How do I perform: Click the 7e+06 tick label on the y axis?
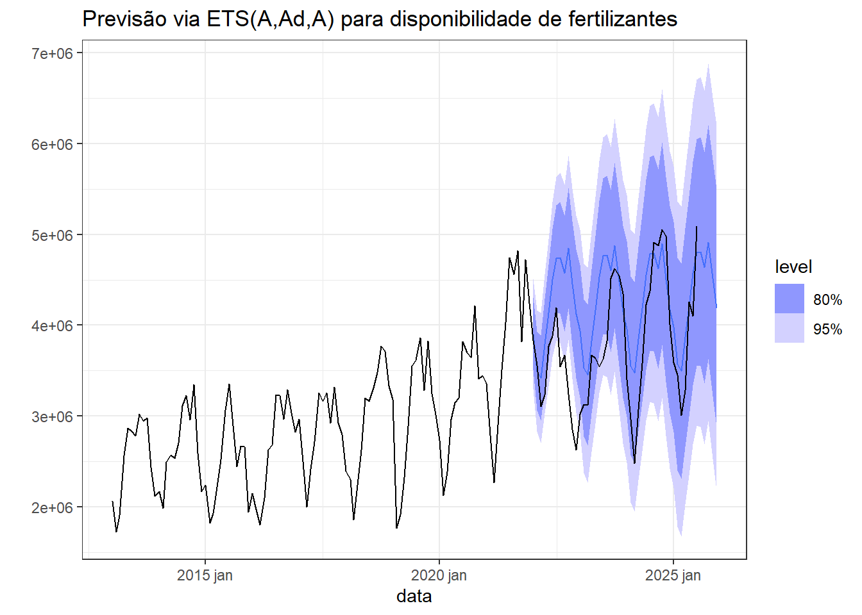(53, 53)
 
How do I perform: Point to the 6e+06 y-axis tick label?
(53, 144)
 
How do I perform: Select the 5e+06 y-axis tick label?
(53, 235)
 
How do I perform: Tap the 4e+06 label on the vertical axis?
(53, 325)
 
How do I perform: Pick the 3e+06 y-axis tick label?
(53, 416)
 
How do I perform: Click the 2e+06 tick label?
(53, 507)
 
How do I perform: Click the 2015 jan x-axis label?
(205, 575)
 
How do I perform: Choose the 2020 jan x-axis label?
(439, 575)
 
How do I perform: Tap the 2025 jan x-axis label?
(673, 575)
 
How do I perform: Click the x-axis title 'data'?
(414, 596)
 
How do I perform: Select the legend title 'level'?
(793, 267)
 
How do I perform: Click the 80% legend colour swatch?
(790, 299)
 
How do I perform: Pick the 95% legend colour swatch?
(790, 329)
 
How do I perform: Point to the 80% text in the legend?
(827, 300)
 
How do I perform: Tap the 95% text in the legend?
(827, 329)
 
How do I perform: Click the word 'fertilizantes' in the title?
(623, 19)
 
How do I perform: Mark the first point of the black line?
(112, 502)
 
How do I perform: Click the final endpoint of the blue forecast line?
(716, 307)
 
